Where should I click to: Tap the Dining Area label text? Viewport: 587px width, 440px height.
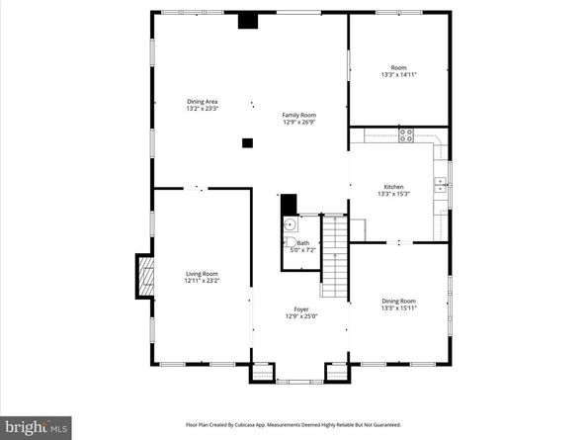[x=203, y=101]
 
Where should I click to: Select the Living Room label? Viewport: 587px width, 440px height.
[x=202, y=274]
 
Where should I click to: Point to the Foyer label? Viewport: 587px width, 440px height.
[x=300, y=308]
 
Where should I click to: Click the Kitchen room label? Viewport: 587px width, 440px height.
[x=393, y=187]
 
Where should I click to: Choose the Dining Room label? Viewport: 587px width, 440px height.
[x=398, y=301]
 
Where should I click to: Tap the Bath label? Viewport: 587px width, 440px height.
[x=302, y=243]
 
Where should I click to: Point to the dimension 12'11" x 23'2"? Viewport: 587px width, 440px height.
[x=202, y=281]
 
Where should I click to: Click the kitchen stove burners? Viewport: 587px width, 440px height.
[x=405, y=135]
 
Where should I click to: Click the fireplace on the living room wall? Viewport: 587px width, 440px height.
[x=144, y=277]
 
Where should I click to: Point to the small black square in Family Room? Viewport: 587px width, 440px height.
[x=247, y=143]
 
